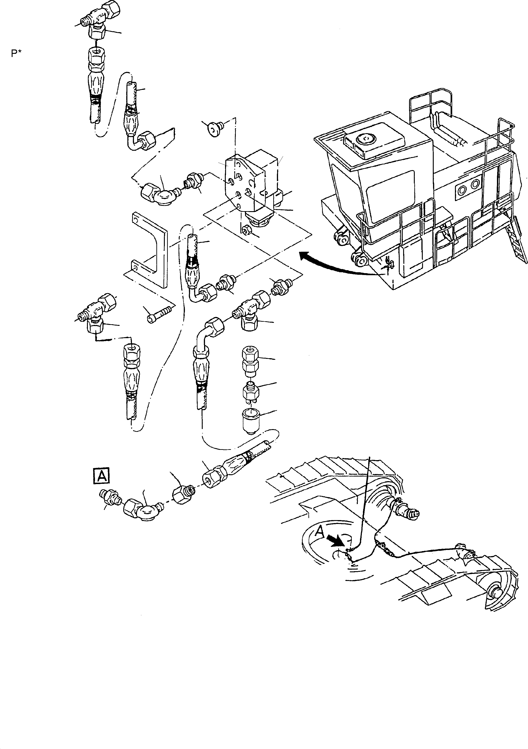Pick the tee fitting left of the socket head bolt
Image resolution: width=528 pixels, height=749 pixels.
tap(95, 313)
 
